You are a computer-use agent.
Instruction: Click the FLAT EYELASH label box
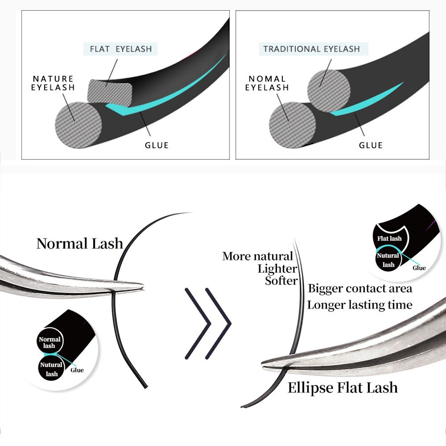click(x=121, y=49)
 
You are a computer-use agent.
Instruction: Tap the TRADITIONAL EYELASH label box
click(x=311, y=49)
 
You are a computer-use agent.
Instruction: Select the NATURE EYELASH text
click(x=53, y=83)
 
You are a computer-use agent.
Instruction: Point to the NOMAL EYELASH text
click(x=267, y=83)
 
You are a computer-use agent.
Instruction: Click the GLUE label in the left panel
click(x=157, y=145)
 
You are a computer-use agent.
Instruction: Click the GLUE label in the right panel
click(x=371, y=145)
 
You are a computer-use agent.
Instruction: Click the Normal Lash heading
click(x=79, y=244)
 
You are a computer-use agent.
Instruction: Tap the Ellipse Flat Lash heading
click(x=343, y=388)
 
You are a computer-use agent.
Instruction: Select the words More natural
click(x=257, y=256)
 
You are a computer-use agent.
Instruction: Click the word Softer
click(x=281, y=281)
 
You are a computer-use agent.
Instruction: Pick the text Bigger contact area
click(x=360, y=288)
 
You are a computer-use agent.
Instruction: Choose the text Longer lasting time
click(x=359, y=305)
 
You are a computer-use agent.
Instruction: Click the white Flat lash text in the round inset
click(x=389, y=239)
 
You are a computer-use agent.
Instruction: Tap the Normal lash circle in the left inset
click(x=50, y=343)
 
